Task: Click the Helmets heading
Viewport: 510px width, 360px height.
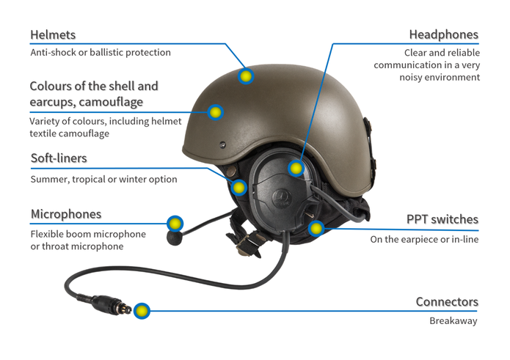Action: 53,35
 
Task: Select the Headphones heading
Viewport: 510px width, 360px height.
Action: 443,35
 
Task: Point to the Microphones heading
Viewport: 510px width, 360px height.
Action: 66,214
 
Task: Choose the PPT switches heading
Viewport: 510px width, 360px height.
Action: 442,219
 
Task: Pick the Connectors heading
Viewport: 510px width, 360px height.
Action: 447,302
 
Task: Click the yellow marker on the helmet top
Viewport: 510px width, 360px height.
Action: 246,76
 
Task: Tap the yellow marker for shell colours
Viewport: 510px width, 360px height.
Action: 215,112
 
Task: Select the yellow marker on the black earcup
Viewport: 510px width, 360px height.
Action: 296,169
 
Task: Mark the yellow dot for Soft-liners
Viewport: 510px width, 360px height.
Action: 238,187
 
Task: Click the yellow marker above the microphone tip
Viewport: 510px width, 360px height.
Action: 175,223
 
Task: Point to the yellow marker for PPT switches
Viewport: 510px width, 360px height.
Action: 316,228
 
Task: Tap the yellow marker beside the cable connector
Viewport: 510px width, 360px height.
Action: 142,311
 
